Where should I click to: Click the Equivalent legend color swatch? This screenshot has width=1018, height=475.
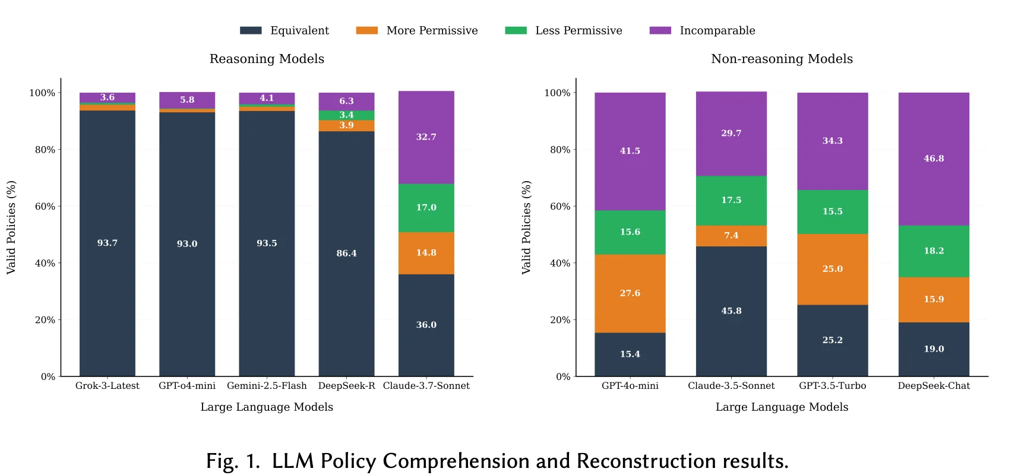(251, 30)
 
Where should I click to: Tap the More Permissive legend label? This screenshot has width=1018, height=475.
(432, 30)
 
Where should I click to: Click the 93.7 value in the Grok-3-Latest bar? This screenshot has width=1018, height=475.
(108, 243)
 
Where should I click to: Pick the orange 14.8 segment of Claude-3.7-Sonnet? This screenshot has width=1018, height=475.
(426, 253)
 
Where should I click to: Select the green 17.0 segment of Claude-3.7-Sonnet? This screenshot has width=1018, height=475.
(426, 207)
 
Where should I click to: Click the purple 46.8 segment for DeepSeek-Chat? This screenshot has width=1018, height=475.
(934, 159)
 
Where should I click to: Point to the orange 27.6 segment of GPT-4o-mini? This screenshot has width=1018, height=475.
(630, 293)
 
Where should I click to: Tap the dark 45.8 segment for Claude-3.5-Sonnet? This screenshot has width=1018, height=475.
(731, 311)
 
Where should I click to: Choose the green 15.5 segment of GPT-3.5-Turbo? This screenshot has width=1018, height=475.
(832, 211)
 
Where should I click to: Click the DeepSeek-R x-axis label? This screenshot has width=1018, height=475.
(346, 385)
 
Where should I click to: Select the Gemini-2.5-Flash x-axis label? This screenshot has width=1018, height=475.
(267, 385)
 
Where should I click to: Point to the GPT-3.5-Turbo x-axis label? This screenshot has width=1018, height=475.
(832, 385)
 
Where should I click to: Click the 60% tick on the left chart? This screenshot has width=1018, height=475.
(45, 207)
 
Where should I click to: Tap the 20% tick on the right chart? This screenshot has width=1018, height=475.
(560, 320)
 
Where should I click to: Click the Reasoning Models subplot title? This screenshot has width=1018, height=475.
(267, 59)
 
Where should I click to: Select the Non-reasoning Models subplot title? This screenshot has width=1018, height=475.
(782, 59)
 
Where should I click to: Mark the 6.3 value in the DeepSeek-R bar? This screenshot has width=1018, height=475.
(346, 101)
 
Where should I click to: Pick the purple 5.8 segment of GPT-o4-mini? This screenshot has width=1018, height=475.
(187, 100)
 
